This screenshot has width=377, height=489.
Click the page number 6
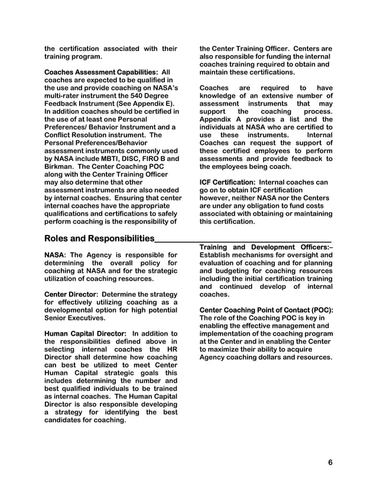pyautogui.click(x=330, y=462)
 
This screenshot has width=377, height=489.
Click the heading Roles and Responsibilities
pyautogui.click(x=99, y=239)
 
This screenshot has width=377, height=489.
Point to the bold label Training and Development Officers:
pyautogui.click(x=264, y=247)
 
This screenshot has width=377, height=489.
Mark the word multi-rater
pyautogui.click(x=66, y=96)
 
